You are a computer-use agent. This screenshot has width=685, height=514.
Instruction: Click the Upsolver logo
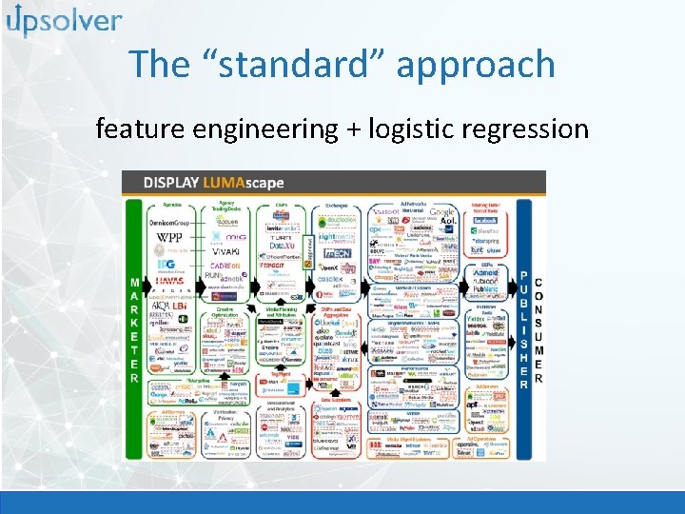pyautogui.click(x=64, y=20)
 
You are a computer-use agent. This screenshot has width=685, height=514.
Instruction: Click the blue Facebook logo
pyautogui.click(x=485, y=219)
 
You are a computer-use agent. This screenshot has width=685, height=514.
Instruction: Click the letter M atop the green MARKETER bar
pyautogui.click(x=134, y=256)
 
